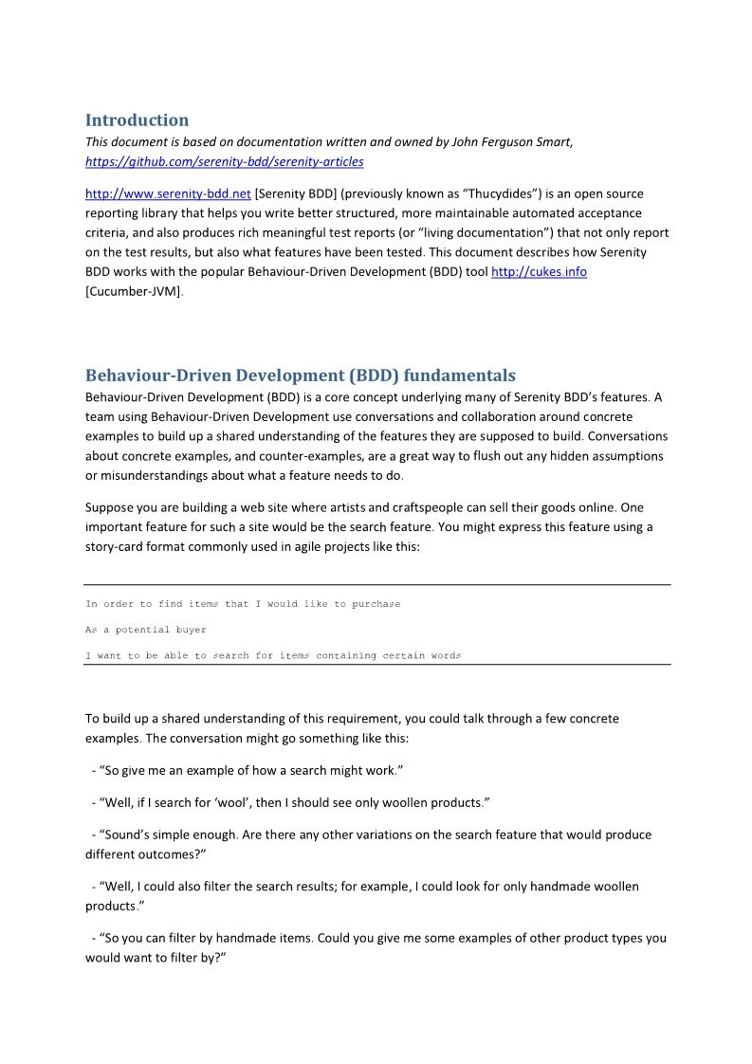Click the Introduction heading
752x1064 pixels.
tap(137, 120)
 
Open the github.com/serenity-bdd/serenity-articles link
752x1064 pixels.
tap(224, 162)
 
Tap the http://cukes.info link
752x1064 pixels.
tap(539, 272)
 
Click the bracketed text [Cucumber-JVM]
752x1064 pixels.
tap(132, 291)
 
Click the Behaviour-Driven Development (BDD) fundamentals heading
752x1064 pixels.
tap(301, 376)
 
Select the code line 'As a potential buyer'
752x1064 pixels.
tap(146, 630)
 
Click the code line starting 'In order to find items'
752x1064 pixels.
tap(243, 604)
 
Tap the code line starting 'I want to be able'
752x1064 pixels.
tap(273, 655)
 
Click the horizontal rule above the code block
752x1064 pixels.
tap(376, 585)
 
